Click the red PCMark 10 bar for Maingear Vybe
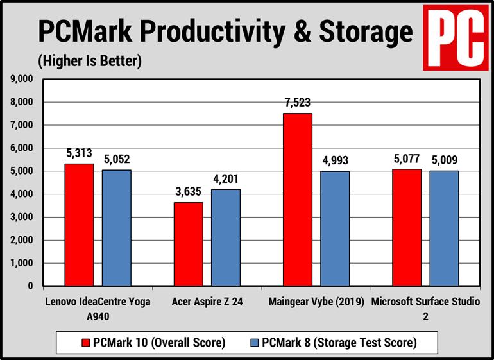tap(297, 200)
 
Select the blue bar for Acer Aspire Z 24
tap(226, 237)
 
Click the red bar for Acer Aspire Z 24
tap(188, 244)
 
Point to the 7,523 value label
tap(297, 103)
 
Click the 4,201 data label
tap(226, 178)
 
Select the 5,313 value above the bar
tap(79, 153)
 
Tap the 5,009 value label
tap(444, 160)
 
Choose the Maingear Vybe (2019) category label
tap(316, 302)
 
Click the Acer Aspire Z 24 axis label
tap(207, 302)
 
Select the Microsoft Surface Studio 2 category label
tap(425, 309)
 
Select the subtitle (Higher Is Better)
tap(89, 61)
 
